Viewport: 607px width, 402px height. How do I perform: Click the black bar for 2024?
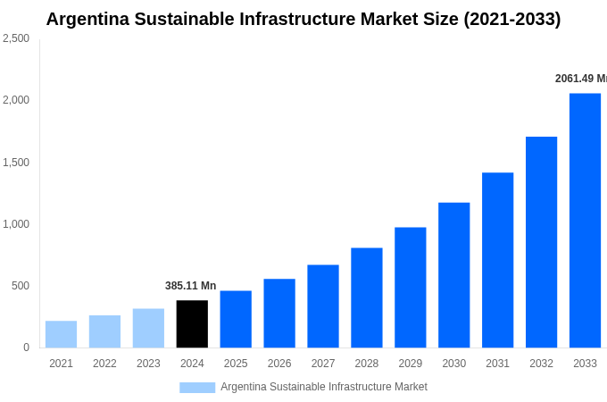click(192, 323)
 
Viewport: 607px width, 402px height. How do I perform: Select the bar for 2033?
click(585, 220)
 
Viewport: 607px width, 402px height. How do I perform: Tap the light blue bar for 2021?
click(61, 334)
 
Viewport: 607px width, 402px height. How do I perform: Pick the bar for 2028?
click(366, 297)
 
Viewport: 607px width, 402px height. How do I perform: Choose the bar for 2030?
click(453, 275)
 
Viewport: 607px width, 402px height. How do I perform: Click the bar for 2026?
click(279, 313)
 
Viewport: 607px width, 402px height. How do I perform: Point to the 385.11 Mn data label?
click(190, 286)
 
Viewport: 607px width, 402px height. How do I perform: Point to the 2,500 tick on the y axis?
click(16, 38)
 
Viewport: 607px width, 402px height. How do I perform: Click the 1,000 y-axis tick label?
click(16, 224)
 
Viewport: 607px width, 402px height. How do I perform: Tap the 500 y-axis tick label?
click(21, 286)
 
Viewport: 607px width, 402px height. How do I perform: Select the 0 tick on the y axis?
click(26, 348)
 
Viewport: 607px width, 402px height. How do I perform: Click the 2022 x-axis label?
click(104, 364)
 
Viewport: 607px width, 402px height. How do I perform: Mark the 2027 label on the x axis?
click(323, 364)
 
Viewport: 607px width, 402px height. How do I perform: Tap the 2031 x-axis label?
click(497, 364)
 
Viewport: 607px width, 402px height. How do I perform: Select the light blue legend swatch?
click(197, 387)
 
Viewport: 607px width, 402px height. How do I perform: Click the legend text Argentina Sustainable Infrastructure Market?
click(324, 387)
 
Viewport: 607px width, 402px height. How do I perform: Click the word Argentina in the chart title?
click(87, 19)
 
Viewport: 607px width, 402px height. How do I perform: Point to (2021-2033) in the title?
click(511, 19)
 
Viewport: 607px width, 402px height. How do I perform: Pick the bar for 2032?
click(541, 242)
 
